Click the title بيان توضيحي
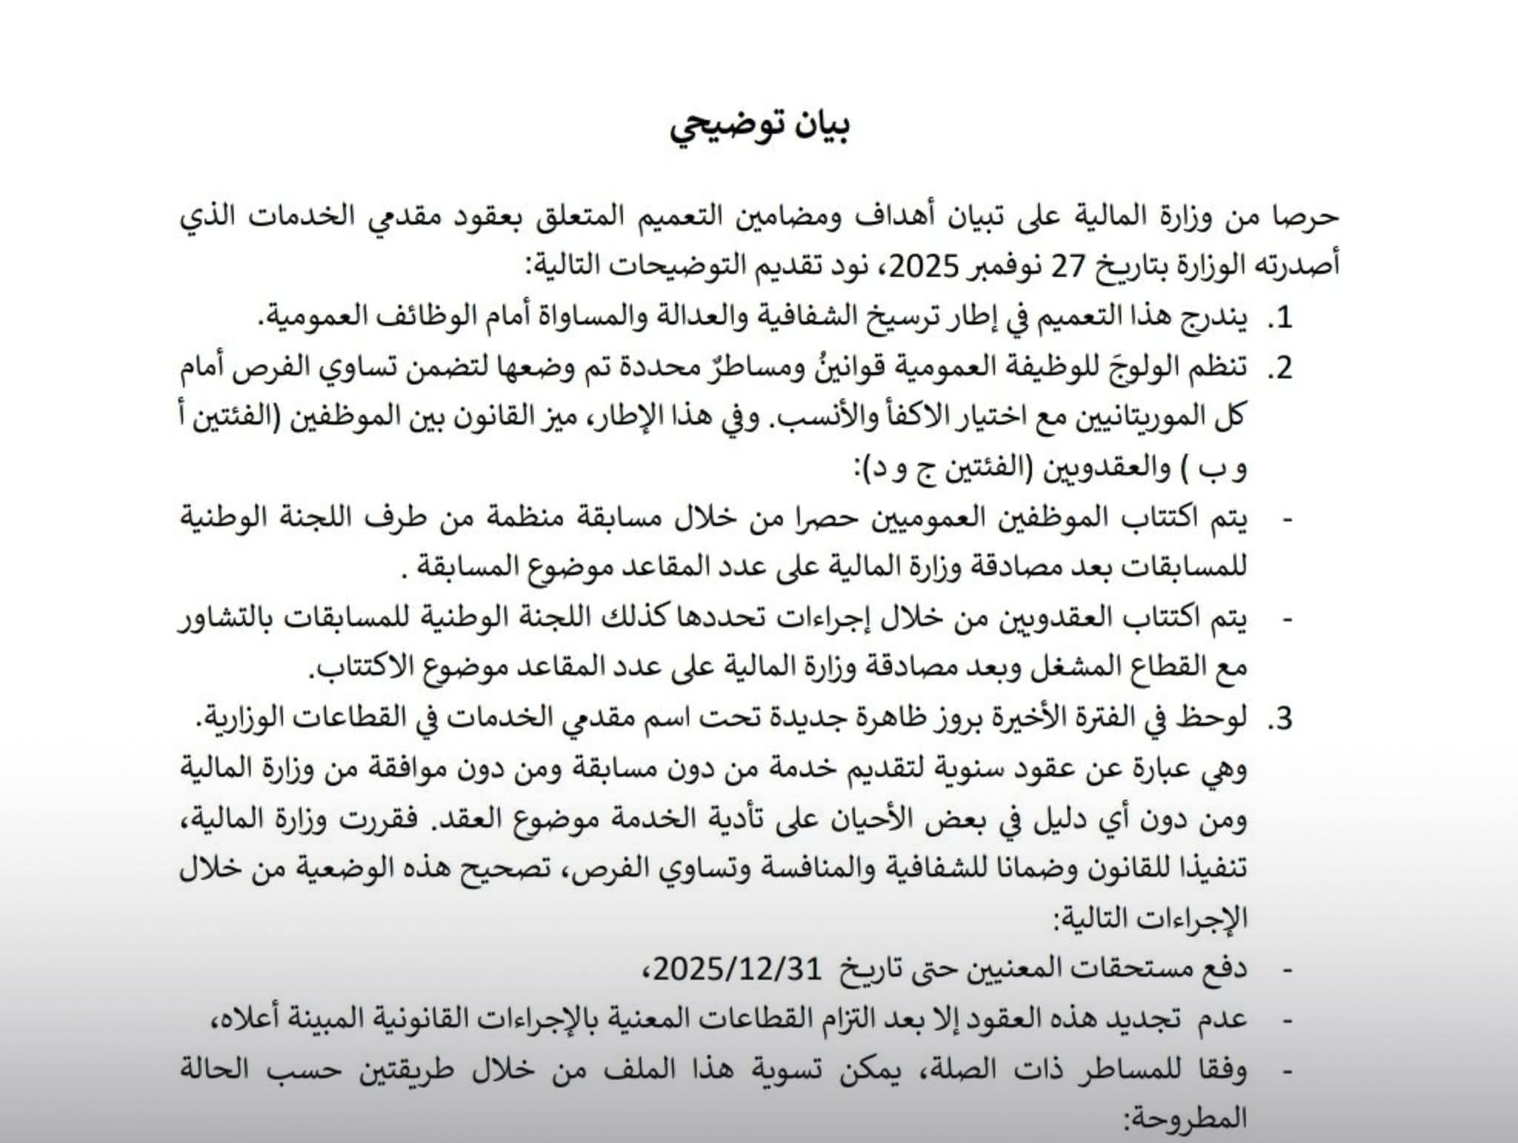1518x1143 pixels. point(760,126)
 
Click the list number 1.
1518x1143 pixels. point(1279,317)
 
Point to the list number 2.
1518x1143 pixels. point(1279,368)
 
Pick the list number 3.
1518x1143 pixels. point(1279,718)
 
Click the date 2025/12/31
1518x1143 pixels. point(738,967)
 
